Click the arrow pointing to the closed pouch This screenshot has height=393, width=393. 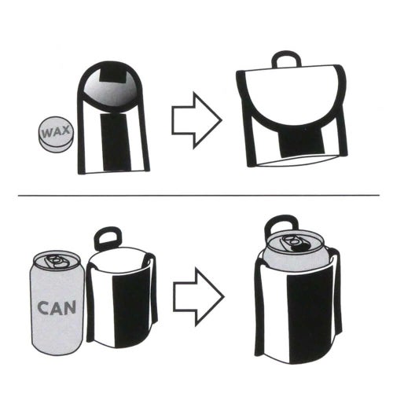(196, 119)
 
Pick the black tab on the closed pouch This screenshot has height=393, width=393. (296, 140)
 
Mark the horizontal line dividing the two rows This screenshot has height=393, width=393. (196, 194)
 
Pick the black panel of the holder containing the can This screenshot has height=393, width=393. (310, 314)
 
